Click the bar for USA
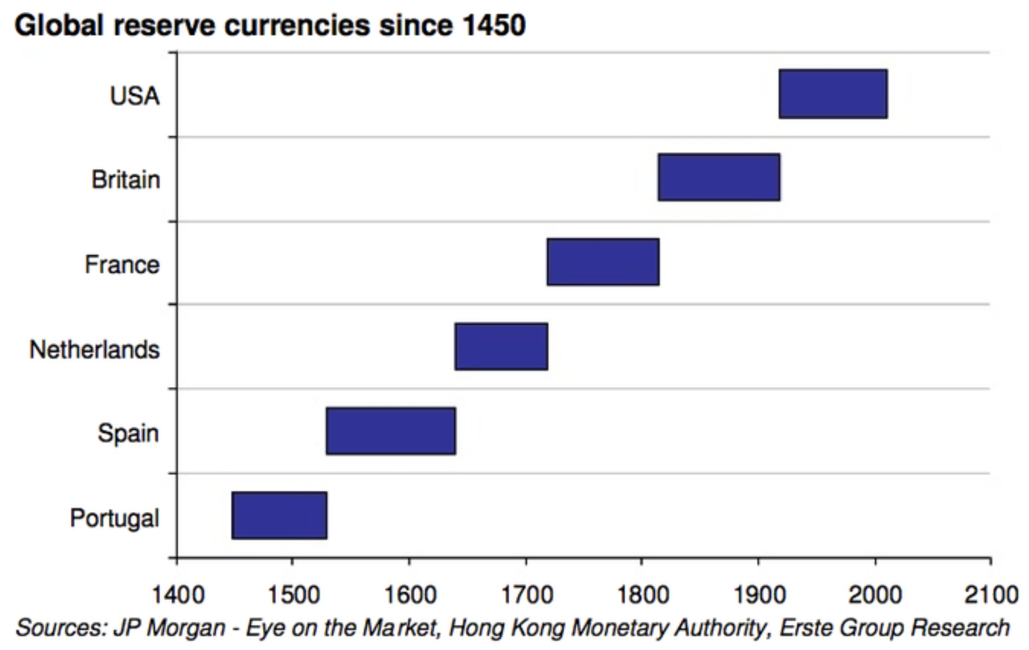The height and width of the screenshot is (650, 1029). pos(833,94)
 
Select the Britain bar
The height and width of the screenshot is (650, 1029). pos(719,177)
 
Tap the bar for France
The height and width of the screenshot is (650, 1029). pos(603,262)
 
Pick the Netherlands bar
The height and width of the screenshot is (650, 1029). pos(501,347)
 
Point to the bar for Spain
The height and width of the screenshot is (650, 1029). pos(391,431)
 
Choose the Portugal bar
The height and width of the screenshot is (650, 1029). pos(279,515)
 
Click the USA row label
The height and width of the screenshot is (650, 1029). pos(135,96)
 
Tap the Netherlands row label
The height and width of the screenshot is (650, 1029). pos(95,349)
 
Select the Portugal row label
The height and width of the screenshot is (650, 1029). pos(115,518)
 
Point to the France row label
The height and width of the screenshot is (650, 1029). pos(122,264)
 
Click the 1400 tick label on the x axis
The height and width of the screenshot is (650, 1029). pos(177,595)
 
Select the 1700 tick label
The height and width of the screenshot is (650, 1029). pos(527,595)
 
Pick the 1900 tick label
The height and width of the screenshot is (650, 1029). pos(759,595)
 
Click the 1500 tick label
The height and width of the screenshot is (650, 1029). pos(293,595)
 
